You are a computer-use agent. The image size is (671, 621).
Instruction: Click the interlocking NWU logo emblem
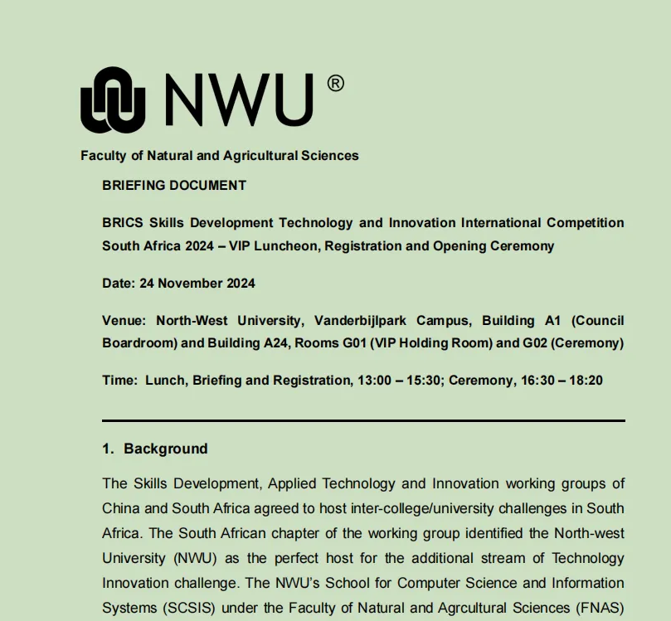point(113,99)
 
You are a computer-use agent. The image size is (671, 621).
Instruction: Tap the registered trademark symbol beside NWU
point(335,83)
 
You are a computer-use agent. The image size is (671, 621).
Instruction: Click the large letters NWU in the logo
point(239,99)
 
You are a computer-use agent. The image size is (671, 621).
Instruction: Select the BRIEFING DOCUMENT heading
point(174,185)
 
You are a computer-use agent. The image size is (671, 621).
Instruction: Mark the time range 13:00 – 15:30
point(400,381)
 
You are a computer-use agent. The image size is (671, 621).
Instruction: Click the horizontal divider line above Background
point(363,420)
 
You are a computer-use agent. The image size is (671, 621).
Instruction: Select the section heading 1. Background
point(155,449)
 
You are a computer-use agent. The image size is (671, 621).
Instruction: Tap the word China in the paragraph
point(121,507)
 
